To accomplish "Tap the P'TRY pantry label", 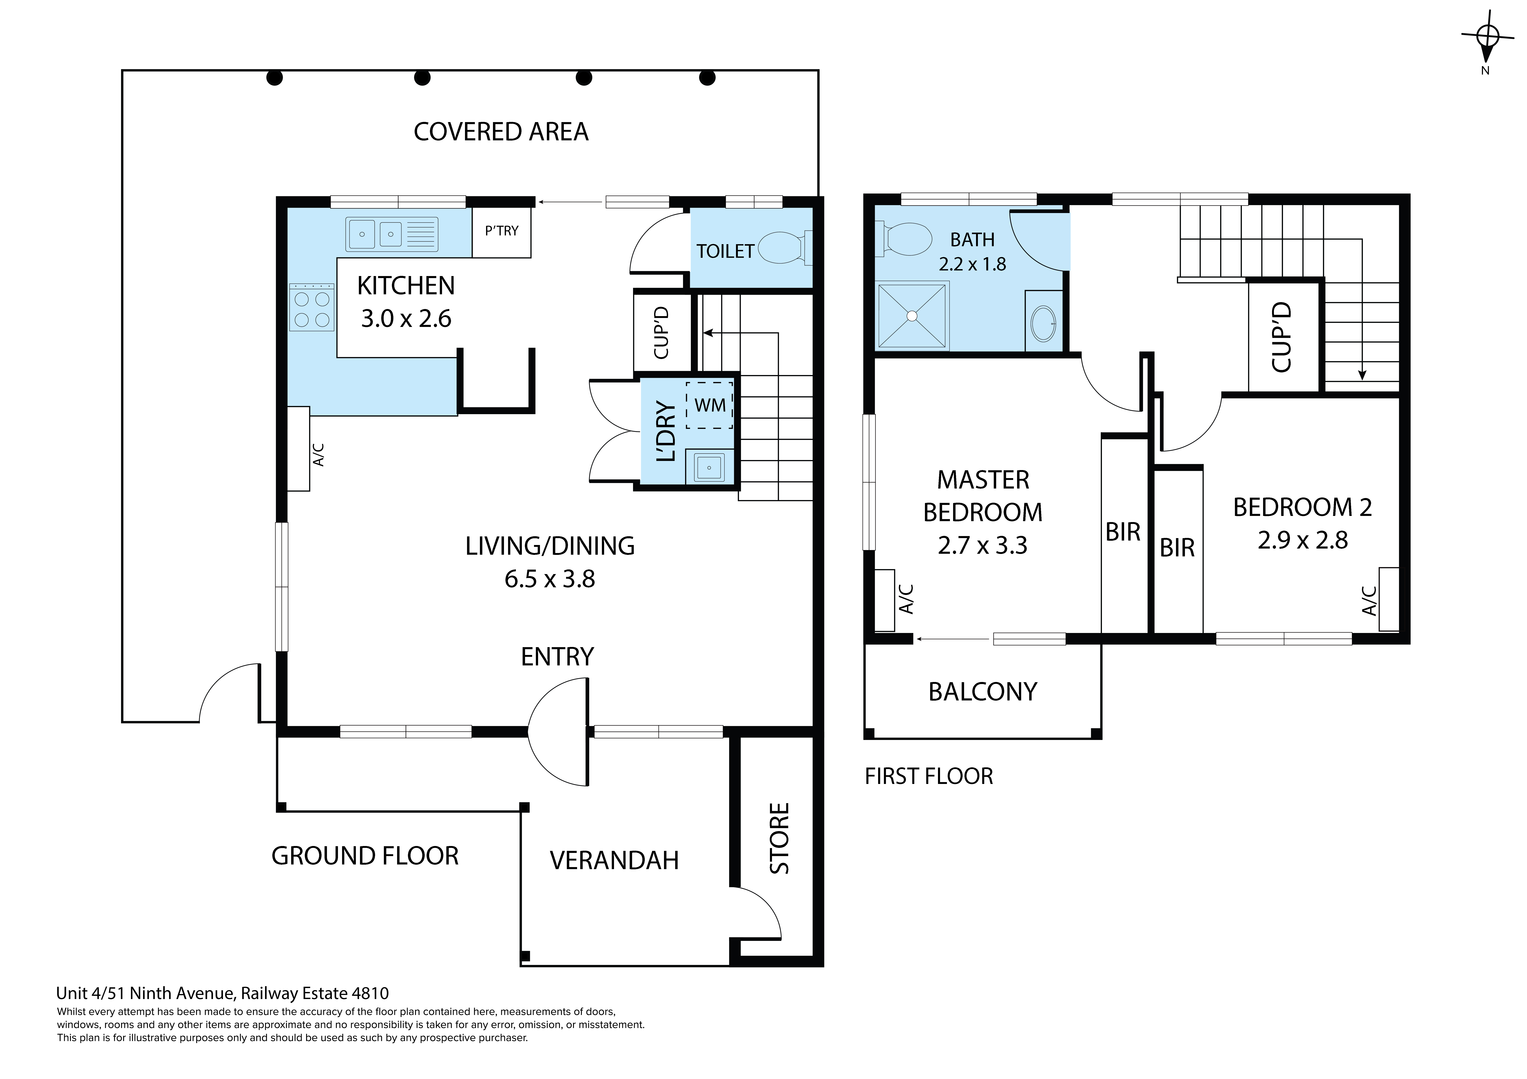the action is (502, 231).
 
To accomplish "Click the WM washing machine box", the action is (710, 405).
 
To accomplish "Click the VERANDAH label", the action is (614, 861).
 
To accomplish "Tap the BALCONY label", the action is (982, 692).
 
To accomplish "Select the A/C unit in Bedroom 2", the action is (1389, 599).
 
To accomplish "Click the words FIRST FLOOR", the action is (928, 776).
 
